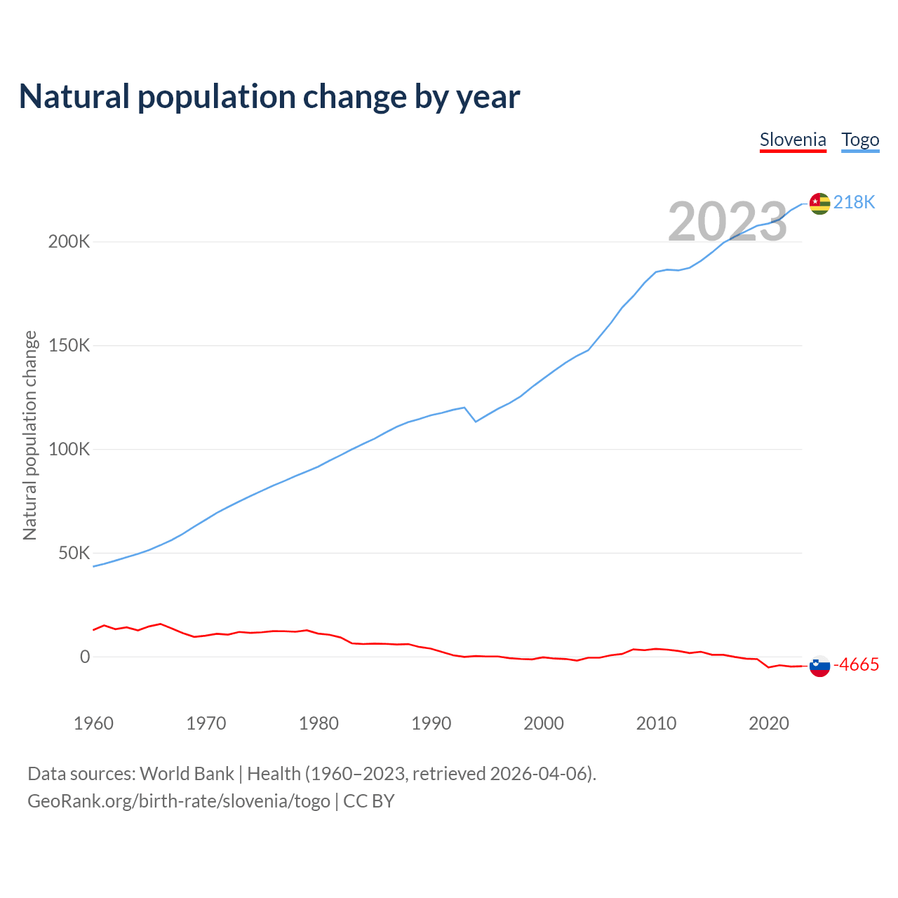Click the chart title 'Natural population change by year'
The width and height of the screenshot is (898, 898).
[269, 97]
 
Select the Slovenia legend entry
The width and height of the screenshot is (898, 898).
[793, 140]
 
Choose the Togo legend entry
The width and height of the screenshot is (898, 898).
[860, 140]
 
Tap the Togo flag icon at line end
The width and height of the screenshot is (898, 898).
[819, 203]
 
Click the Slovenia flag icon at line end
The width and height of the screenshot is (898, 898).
[819, 666]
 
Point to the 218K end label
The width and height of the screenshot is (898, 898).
[854, 203]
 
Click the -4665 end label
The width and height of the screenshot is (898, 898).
[856, 665]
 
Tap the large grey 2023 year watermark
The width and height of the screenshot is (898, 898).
[728, 222]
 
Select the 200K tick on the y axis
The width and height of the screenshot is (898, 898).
[69, 242]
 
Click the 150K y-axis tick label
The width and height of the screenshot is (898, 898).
[69, 346]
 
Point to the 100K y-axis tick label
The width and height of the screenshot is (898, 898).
[69, 450]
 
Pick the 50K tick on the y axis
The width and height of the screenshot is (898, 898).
[74, 554]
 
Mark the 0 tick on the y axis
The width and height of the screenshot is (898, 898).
[85, 657]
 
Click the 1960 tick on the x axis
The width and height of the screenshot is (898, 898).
[93, 723]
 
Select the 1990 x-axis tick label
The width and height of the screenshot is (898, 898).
[431, 723]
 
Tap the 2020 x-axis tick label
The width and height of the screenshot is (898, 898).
[769, 723]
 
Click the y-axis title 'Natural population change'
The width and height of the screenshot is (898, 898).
[30, 436]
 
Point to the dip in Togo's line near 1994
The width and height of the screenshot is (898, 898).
[476, 422]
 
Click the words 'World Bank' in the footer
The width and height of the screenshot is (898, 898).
[187, 774]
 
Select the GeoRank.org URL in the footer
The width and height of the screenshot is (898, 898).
[179, 801]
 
